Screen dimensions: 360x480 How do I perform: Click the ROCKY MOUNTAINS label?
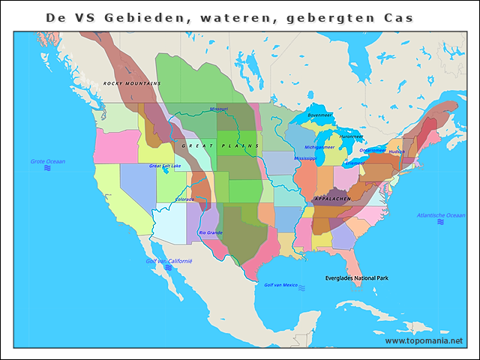(x=132, y=83)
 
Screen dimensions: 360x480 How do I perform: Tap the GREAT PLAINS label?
(x=220, y=145)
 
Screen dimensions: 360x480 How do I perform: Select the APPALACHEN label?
(x=331, y=199)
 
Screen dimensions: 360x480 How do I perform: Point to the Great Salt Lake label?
(x=165, y=166)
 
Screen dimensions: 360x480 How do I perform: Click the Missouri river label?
(x=219, y=109)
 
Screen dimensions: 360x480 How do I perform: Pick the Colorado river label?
(x=184, y=199)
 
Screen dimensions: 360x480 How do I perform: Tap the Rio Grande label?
(x=211, y=232)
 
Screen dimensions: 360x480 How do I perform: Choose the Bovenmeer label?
(x=320, y=115)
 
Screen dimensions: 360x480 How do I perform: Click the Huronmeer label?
(x=351, y=136)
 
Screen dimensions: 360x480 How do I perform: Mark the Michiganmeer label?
(x=319, y=147)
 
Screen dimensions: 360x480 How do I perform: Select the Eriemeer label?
(x=355, y=162)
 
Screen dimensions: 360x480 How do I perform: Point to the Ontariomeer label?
(x=373, y=149)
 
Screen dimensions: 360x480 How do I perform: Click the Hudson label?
(x=397, y=151)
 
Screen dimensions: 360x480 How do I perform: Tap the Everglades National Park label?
(x=357, y=278)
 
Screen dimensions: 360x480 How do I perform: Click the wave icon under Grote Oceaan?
(x=47, y=169)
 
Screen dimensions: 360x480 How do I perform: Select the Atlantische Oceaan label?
(x=441, y=215)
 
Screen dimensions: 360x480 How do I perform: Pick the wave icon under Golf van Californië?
(x=169, y=268)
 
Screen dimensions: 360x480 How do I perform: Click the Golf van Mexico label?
(x=281, y=285)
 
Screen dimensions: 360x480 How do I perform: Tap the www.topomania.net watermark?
(x=424, y=340)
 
